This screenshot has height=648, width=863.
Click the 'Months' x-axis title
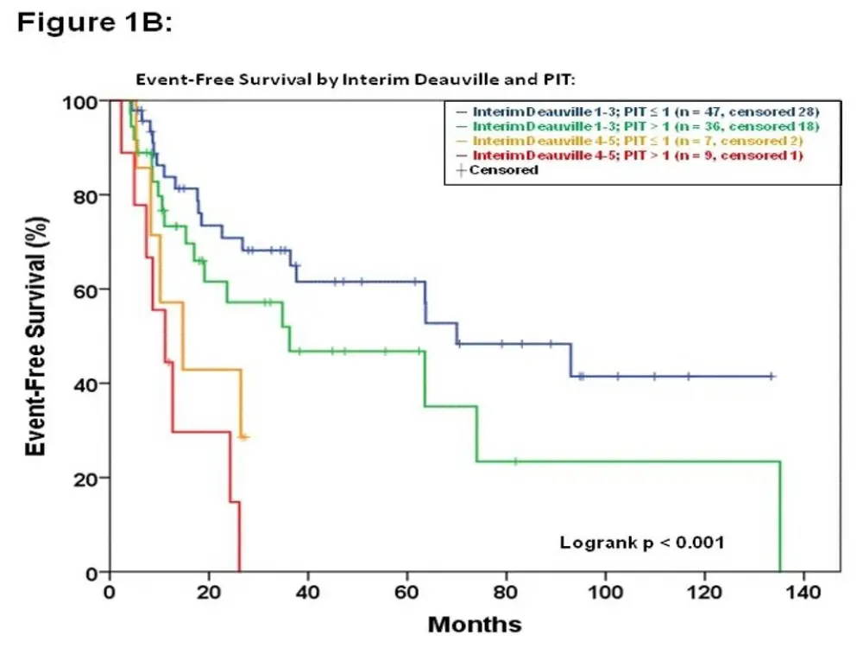click(x=475, y=624)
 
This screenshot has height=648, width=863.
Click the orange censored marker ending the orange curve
click(x=244, y=437)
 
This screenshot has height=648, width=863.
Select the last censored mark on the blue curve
click(x=772, y=377)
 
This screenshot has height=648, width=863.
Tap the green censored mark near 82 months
click(x=515, y=461)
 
